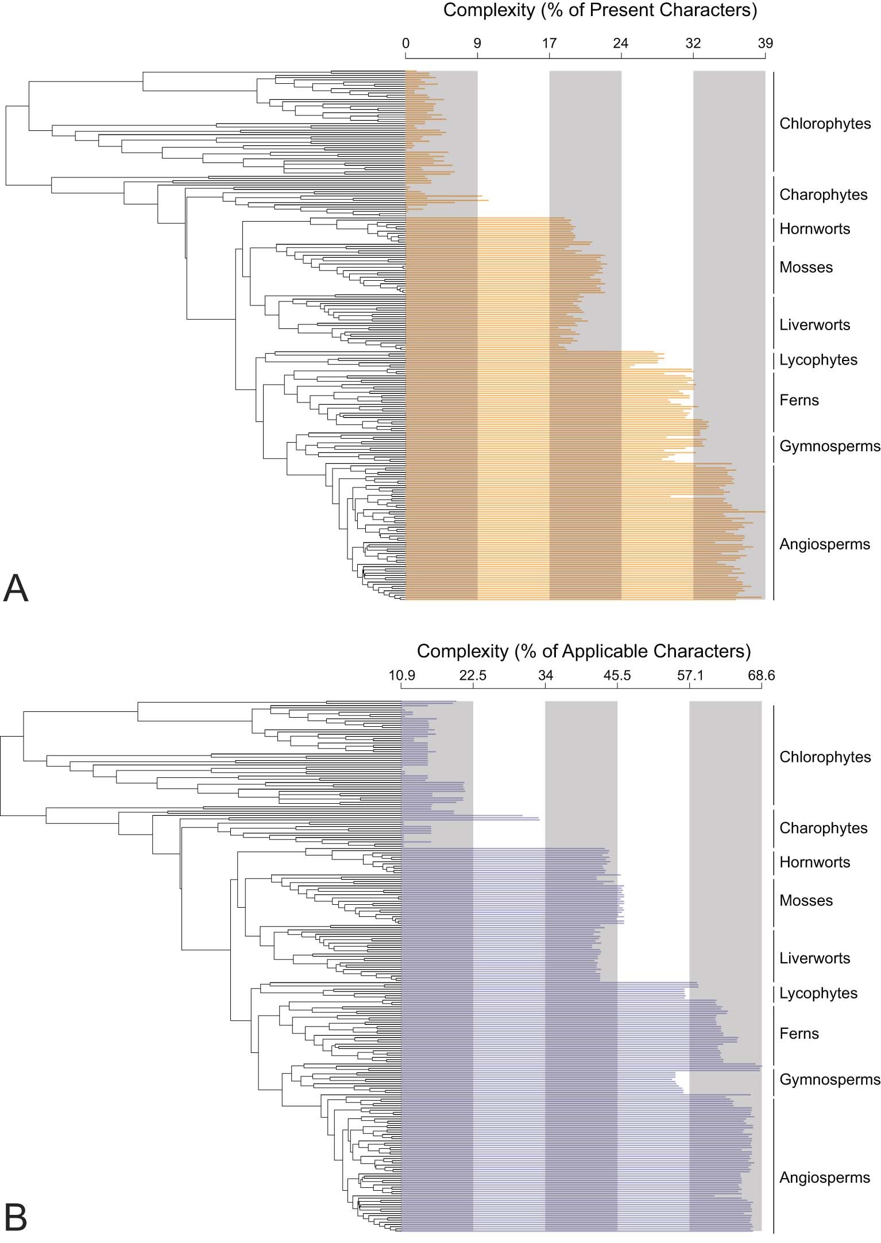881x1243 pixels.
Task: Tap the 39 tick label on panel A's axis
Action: click(x=765, y=43)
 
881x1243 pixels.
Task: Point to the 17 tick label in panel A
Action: click(x=549, y=43)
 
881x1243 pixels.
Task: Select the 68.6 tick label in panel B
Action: click(x=761, y=675)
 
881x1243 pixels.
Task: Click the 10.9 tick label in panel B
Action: click(x=401, y=675)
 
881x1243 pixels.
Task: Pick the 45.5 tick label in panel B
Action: click(x=617, y=675)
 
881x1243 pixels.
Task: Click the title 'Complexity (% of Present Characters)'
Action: click(x=600, y=10)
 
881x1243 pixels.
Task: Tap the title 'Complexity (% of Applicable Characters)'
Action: click(x=584, y=650)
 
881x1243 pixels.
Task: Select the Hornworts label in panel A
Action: click(x=814, y=229)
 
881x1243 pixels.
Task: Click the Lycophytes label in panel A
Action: click(x=818, y=360)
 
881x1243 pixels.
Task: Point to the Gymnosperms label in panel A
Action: click(x=829, y=446)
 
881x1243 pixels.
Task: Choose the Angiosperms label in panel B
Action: click(x=824, y=1178)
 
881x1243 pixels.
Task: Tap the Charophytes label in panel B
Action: click(x=823, y=828)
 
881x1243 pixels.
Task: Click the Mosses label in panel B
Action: click(x=806, y=900)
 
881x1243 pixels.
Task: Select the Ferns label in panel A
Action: click(x=799, y=400)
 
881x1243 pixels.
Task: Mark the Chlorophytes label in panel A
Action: click(x=825, y=123)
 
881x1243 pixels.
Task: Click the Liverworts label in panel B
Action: click(x=814, y=958)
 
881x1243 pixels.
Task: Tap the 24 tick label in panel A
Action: click(x=620, y=43)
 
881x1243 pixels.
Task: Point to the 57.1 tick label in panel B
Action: click(x=689, y=675)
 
